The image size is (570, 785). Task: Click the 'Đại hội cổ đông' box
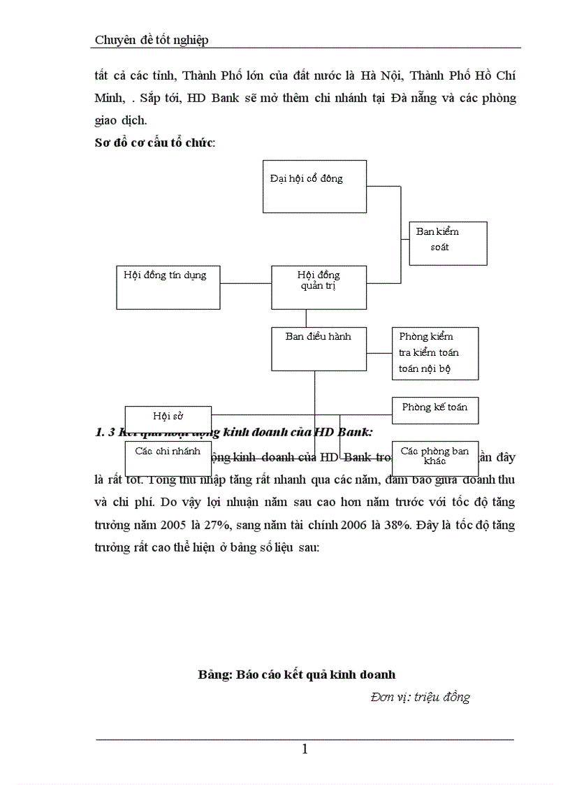pos(314,186)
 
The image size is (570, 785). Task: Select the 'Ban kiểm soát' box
pos(448,243)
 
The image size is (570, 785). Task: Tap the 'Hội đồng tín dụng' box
pos(168,287)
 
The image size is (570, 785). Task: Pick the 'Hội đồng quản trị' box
pos(319,287)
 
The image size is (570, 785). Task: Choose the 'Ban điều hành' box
pos(319,348)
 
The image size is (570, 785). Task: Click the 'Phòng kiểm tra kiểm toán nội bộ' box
pos(435,353)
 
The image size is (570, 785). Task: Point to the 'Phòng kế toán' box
pos(435,410)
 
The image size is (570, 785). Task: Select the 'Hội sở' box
pos(168,416)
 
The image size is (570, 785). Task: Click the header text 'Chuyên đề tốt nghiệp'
pos(152,40)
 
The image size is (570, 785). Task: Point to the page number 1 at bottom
pos(305,749)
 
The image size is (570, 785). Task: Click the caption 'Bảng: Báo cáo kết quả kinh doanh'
pos(297,675)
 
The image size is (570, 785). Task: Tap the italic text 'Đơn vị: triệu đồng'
pos(420,696)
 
